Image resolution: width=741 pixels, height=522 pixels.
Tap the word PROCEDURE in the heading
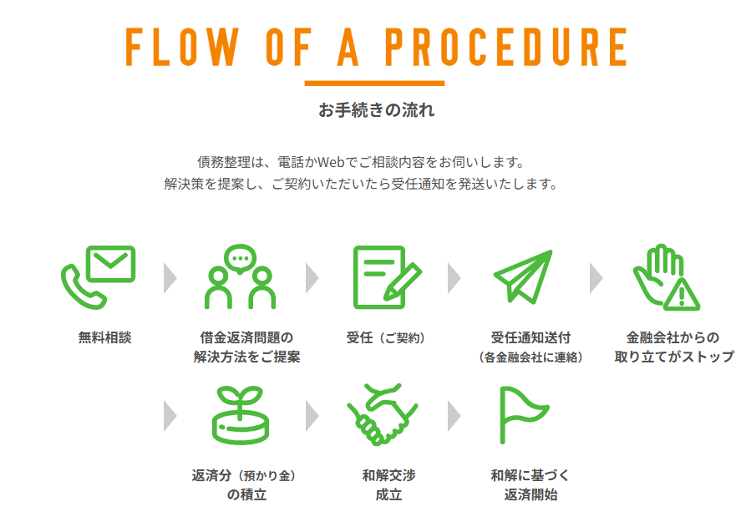point(505,48)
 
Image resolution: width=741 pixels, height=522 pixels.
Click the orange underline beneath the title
point(374,84)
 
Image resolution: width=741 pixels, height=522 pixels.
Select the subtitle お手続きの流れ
point(376,110)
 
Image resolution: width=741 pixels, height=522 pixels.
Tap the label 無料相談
point(104,338)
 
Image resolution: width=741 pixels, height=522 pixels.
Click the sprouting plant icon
point(240,414)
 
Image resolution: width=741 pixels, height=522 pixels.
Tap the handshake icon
point(383,414)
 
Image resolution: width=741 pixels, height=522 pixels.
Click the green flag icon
point(521,414)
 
